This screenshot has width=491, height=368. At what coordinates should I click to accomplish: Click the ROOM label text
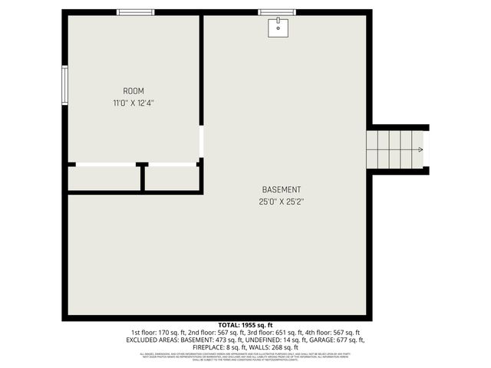click(133, 91)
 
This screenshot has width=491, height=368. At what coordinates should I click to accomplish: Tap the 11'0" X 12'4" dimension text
click(133, 103)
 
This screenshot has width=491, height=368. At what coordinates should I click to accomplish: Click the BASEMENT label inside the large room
click(282, 190)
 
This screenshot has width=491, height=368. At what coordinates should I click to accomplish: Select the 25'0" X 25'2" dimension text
click(282, 202)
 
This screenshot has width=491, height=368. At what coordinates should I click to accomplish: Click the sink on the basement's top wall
click(278, 28)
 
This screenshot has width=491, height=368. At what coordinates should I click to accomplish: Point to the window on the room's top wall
click(135, 12)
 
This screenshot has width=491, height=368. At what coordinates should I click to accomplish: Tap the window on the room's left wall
click(65, 85)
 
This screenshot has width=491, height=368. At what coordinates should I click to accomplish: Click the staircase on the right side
click(394, 149)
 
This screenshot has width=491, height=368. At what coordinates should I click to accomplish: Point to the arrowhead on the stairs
click(420, 149)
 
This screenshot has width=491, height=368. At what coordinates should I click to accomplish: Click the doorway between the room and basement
click(201, 142)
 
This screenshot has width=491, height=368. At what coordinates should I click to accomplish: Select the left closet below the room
click(104, 178)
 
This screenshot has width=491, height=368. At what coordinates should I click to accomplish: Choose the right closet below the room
click(171, 178)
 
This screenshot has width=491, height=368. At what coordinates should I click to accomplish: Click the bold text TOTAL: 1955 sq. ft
click(245, 325)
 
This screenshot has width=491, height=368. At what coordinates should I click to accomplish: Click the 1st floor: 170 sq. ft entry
click(158, 332)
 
